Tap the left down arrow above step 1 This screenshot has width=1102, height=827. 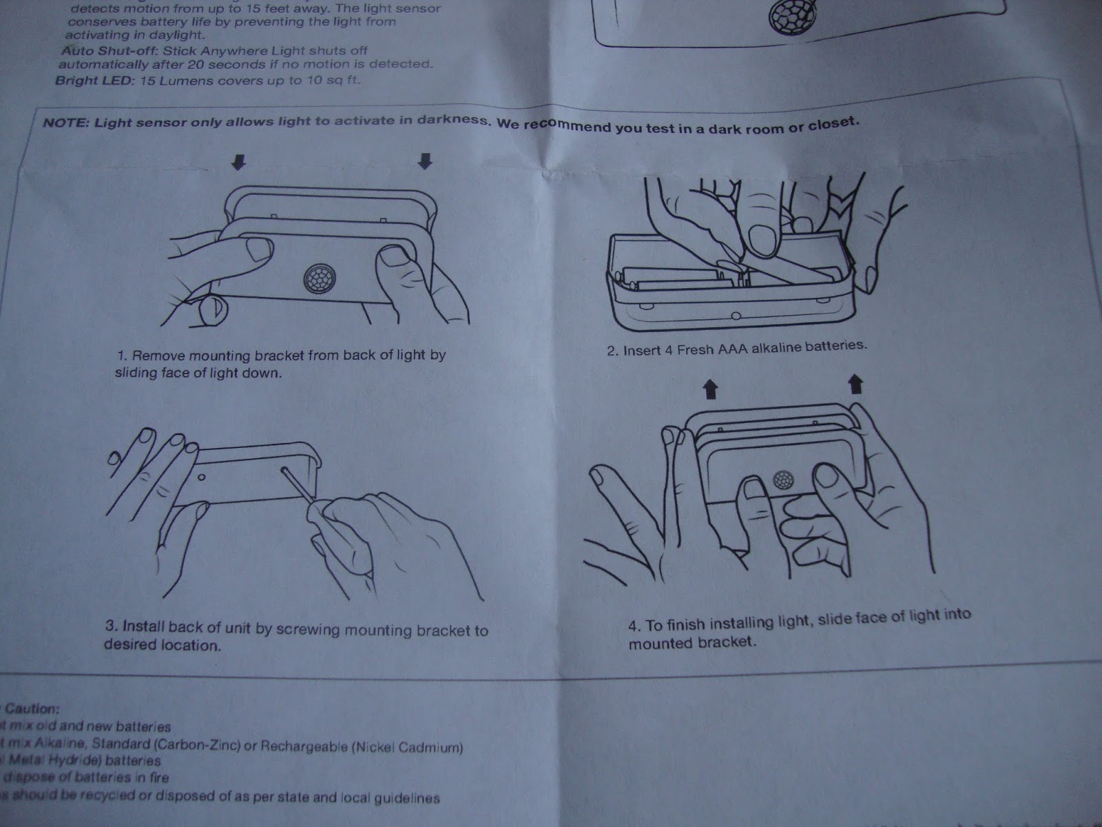238,162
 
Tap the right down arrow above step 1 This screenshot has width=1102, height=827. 426,161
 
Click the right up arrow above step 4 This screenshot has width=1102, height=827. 855,383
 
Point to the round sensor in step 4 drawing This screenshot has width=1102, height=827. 782,480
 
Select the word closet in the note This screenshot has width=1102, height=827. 835,124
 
